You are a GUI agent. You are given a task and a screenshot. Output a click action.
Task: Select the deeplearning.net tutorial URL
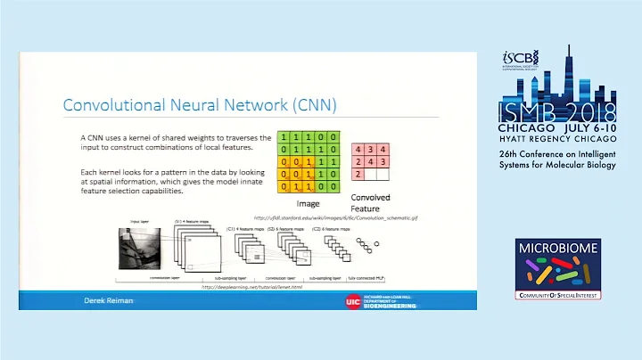253,287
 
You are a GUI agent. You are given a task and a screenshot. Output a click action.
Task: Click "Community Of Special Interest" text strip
558,294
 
